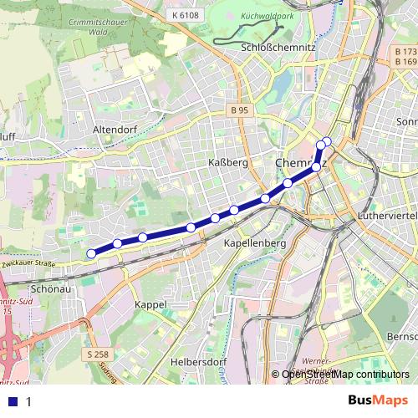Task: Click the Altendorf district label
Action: pos(115,130)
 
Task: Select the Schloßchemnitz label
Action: pos(277,48)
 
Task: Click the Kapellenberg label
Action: pos(255,242)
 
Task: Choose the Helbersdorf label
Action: pos(198,361)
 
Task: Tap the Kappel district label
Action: pos(151,305)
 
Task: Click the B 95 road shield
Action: pos(241,110)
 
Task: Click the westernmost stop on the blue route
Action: pos(91,253)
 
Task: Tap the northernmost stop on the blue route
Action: pos(327,140)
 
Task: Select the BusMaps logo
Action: pos(377,401)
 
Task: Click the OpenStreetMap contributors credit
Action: pos(345,375)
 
